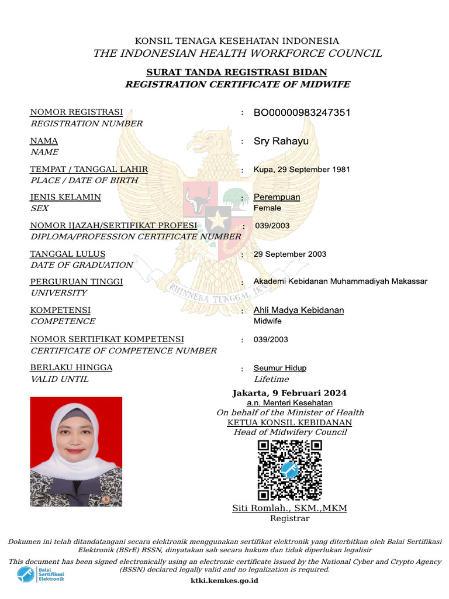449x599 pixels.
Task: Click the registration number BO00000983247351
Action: coord(302,112)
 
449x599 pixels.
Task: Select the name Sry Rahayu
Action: coord(281,141)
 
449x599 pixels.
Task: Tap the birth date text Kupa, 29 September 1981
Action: coord(302,170)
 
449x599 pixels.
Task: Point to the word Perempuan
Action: coord(277,197)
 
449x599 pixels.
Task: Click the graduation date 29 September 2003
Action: coord(290,254)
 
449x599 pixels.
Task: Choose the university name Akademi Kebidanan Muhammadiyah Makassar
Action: coord(340,281)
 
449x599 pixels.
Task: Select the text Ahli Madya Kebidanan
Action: coord(299,310)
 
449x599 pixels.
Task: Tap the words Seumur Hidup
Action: coord(279,368)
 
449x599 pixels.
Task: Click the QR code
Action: coord(289,470)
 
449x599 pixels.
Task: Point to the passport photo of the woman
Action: coord(76,451)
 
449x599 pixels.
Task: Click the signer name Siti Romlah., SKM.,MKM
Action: coord(289,508)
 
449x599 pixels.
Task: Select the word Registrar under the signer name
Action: coord(289,518)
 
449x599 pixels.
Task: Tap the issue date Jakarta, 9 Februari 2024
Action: coord(289,393)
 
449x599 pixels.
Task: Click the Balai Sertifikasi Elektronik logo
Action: coord(40,574)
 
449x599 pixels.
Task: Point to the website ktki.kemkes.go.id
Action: coord(224,581)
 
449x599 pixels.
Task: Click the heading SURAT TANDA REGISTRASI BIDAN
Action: coord(236,73)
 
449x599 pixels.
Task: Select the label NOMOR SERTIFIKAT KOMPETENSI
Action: coord(107,339)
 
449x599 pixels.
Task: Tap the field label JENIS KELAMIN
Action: coord(65,197)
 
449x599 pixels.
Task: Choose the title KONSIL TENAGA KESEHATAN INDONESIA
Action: coord(237,41)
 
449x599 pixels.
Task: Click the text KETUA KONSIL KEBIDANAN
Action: coord(289,422)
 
